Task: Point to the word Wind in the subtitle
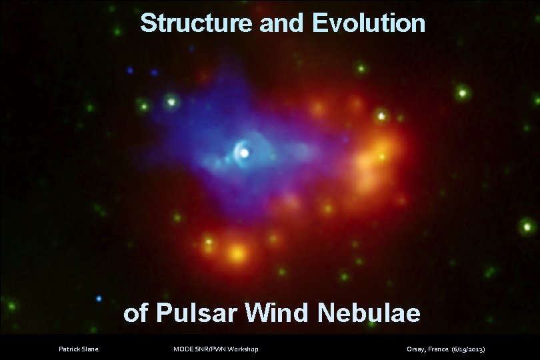(x=279, y=312)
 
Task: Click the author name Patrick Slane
(x=78, y=349)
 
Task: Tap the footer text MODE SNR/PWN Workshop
(x=215, y=349)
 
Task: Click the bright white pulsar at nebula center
(x=245, y=153)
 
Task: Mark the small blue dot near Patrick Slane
(x=99, y=298)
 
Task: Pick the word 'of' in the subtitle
(x=135, y=312)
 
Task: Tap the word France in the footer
(x=437, y=349)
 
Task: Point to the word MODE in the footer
(x=182, y=349)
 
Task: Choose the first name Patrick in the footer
(x=69, y=349)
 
